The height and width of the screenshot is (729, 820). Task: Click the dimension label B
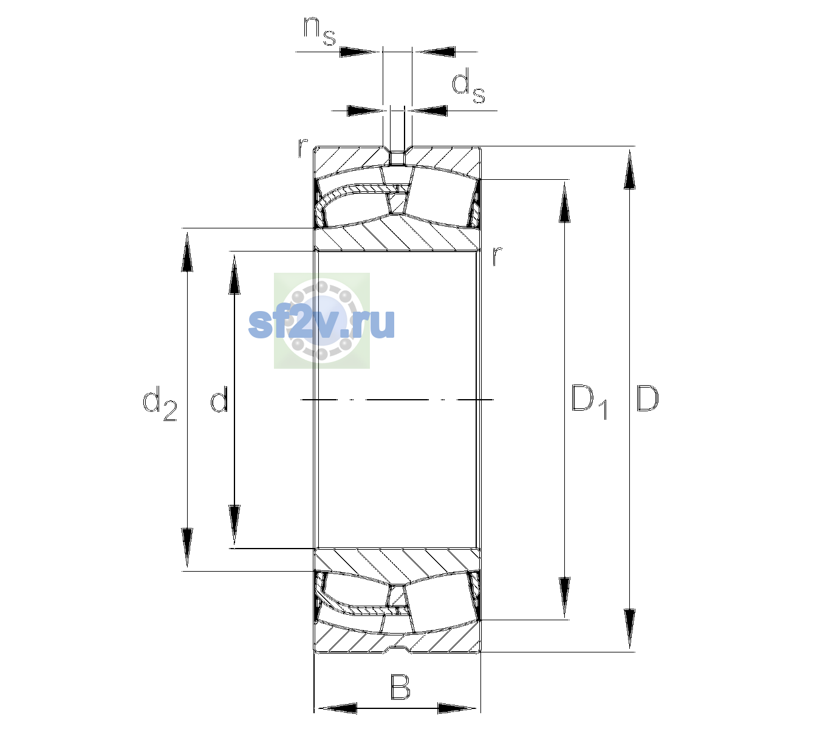coord(400,687)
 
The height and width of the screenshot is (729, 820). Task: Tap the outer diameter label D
coord(647,399)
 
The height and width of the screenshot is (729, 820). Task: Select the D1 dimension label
coord(589,402)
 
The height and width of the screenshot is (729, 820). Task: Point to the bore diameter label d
coord(219,399)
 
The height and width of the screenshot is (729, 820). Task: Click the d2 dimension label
coord(160,403)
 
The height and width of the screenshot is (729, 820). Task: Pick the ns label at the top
coord(319,32)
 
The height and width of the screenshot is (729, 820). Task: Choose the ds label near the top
coord(468,86)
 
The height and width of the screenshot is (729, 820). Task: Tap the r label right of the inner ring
coord(497,256)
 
